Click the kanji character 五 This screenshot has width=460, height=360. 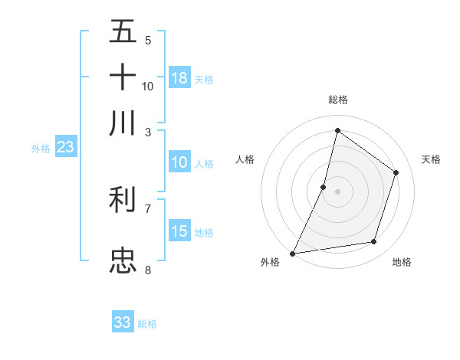(123, 32)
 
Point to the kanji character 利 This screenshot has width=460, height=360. (123, 201)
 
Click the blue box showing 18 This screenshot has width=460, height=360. (179, 77)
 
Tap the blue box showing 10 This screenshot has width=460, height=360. (179, 162)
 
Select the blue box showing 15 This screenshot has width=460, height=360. (179, 231)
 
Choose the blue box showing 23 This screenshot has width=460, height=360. (65, 148)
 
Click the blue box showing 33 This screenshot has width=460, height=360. (123, 322)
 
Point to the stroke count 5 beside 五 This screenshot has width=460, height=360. (148, 40)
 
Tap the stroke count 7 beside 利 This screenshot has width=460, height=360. (148, 208)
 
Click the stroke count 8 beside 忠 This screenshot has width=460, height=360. (148, 270)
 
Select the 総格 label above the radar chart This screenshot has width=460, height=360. (337, 100)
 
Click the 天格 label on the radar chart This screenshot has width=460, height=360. (431, 159)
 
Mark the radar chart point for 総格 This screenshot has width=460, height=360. (337, 130)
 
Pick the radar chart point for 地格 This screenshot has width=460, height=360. (374, 242)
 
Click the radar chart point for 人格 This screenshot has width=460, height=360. (324, 186)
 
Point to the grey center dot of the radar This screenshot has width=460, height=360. (337, 191)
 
